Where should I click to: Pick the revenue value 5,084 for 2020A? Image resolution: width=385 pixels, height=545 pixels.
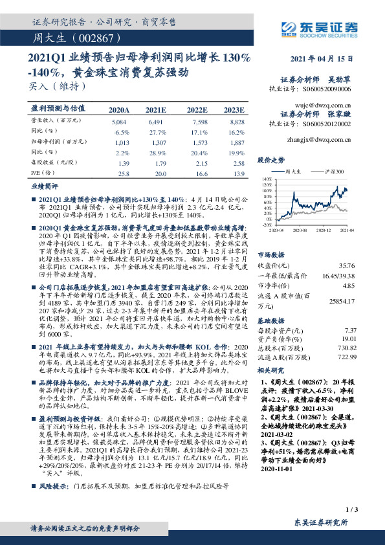[x=118, y=121]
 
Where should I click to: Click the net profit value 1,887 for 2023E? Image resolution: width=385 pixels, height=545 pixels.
[x=238, y=140]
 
